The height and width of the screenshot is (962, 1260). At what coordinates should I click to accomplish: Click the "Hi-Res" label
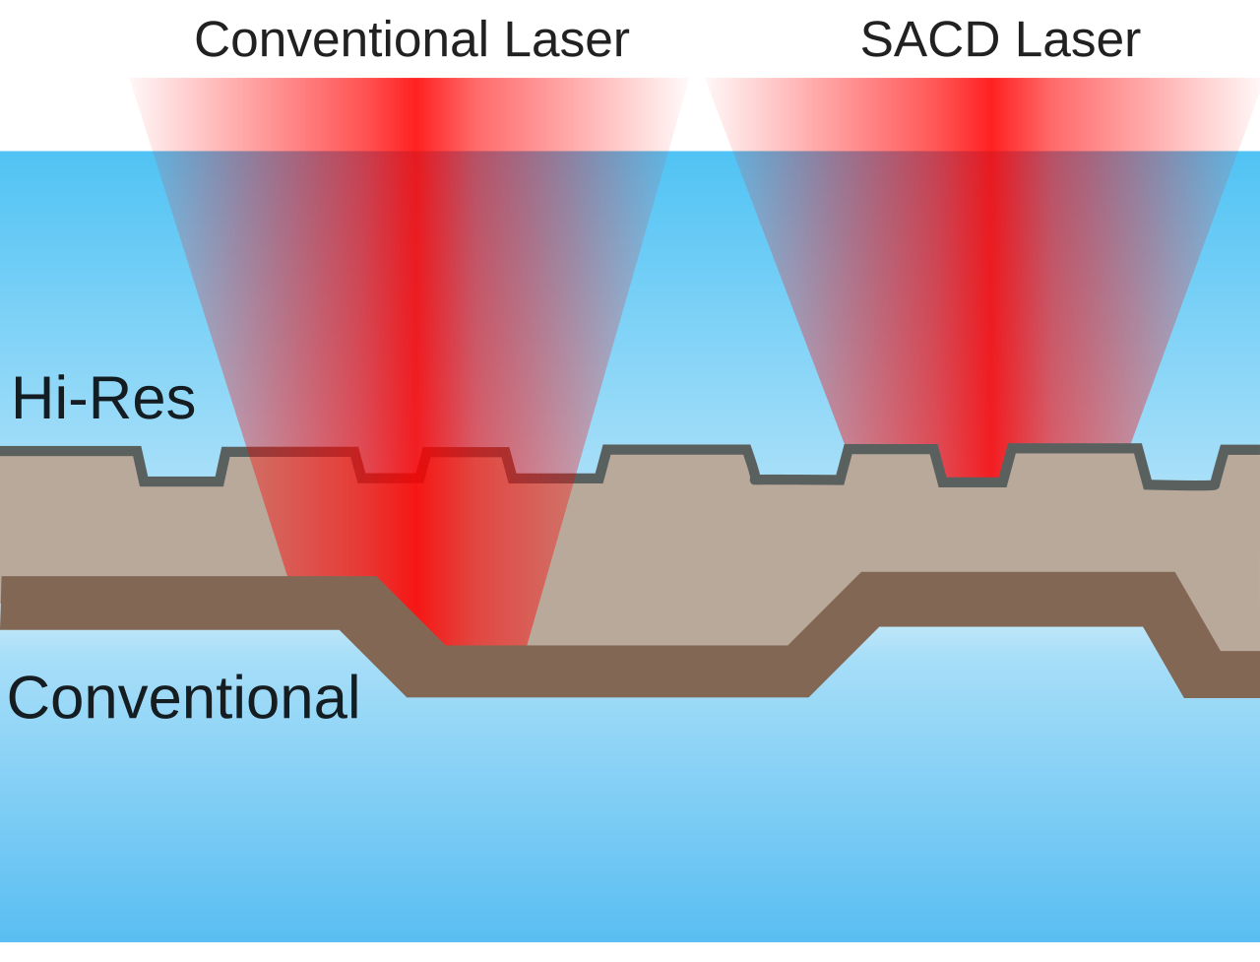click(103, 399)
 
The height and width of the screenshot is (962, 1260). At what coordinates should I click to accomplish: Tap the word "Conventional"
click(184, 697)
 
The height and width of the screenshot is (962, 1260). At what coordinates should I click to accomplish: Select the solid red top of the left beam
click(409, 113)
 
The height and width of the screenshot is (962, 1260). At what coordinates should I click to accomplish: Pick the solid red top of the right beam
click(982, 113)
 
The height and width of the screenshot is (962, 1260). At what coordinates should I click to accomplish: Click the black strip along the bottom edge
click(630, 952)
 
